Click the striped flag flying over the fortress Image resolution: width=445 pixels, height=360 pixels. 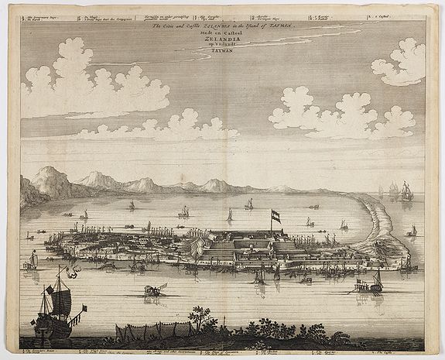[276, 215]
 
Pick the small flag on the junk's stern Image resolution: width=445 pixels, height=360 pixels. [83, 308]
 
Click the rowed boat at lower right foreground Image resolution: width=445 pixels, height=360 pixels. [367, 286]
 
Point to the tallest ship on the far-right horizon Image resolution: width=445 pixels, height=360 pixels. [406, 192]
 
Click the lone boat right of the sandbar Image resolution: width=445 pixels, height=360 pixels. [412, 231]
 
